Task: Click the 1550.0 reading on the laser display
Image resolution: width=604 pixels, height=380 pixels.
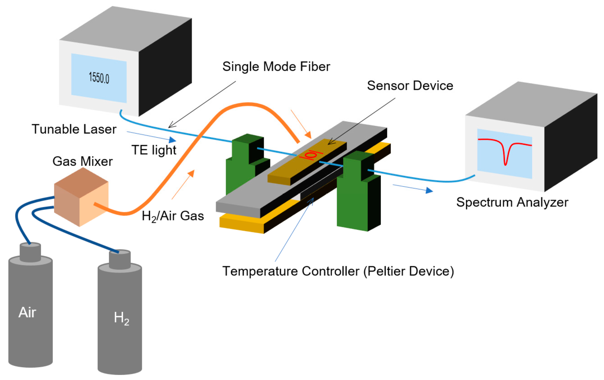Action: pyautogui.click(x=99, y=78)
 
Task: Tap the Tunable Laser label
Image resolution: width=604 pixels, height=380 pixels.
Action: pyautogui.click(x=74, y=129)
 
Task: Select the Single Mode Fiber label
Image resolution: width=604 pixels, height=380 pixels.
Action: pyautogui.click(x=276, y=66)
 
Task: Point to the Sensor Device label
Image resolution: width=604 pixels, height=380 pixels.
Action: pyautogui.click(x=410, y=85)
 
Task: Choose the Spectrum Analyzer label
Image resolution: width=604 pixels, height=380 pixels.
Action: pyautogui.click(x=512, y=202)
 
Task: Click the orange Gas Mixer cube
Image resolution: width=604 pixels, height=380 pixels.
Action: pyautogui.click(x=81, y=197)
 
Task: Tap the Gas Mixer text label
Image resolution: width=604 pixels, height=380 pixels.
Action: pyautogui.click(x=82, y=161)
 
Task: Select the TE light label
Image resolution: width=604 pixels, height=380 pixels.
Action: pyautogui.click(x=154, y=150)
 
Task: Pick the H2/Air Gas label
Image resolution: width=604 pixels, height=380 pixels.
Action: pyautogui.click(x=173, y=216)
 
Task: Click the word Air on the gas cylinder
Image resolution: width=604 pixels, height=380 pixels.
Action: pyautogui.click(x=27, y=312)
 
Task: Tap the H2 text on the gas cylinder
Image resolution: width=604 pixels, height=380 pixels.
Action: pyautogui.click(x=121, y=318)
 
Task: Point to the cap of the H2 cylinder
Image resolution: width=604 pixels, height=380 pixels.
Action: pyautogui.click(x=120, y=259)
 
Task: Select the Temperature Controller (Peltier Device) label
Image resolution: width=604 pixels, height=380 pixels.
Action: pyautogui.click(x=338, y=271)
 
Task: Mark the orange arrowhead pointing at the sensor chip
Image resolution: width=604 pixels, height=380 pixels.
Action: pyautogui.click(x=308, y=135)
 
